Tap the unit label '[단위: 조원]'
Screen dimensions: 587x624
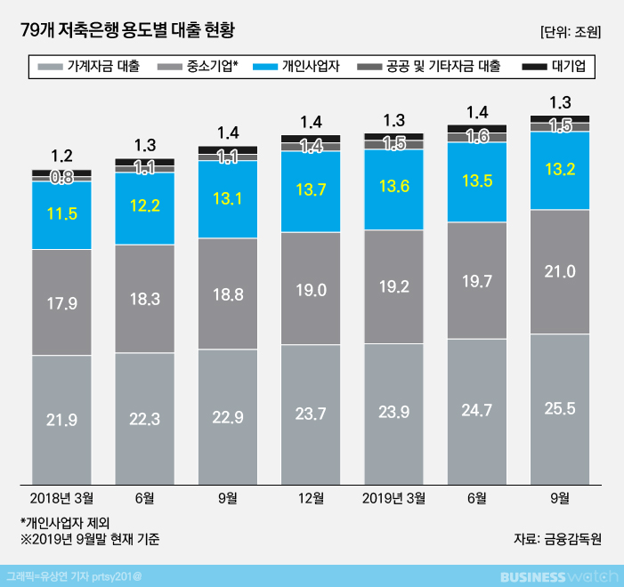[x=571, y=32]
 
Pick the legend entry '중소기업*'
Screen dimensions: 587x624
[x=203, y=66]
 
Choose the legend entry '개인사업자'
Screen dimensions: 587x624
[x=300, y=66]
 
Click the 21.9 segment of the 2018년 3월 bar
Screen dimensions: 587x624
[x=61, y=418]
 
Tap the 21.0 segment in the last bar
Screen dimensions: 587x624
[x=560, y=272]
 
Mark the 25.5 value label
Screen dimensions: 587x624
[x=560, y=408]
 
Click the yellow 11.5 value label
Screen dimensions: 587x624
[x=61, y=214]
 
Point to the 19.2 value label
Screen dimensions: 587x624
[x=393, y=287]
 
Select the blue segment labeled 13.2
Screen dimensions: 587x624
[x=560, y=170]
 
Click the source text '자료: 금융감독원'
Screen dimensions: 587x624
[x=558, y=538]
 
